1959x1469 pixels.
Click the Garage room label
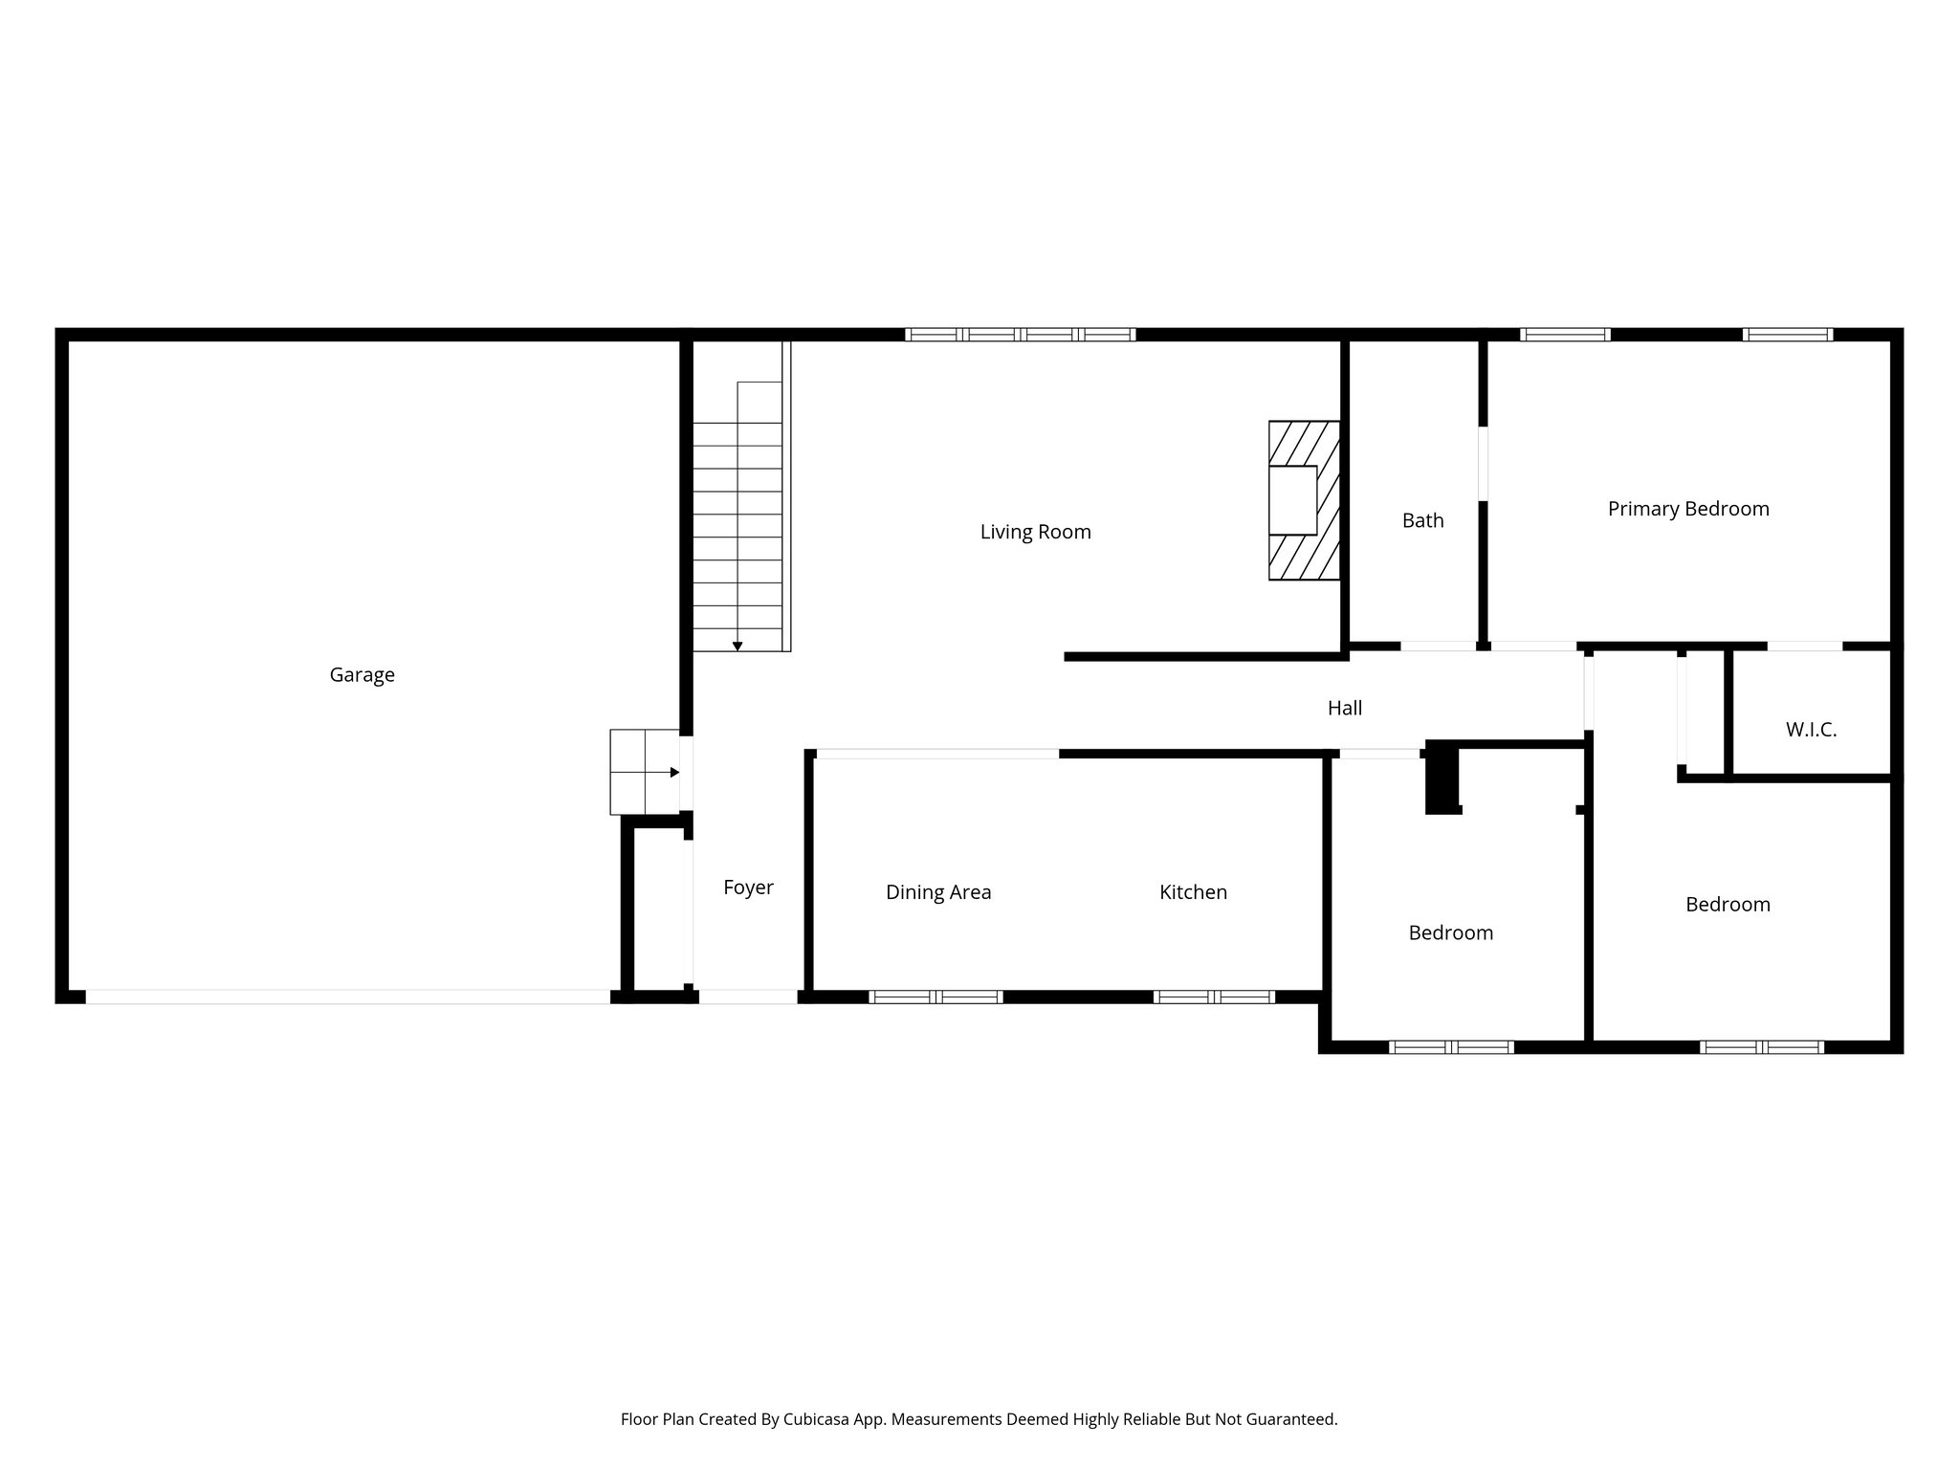362,675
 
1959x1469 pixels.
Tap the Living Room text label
1035,532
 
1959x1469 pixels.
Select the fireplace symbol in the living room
1303,500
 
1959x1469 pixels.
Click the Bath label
1422,520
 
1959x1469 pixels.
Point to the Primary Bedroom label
1688,509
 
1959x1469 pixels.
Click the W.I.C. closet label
1811,730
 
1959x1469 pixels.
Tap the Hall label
1344,708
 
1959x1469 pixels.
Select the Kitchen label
1193,892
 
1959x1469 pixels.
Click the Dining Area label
938,892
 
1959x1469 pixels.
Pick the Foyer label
748,888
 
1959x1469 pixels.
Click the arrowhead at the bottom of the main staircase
737,647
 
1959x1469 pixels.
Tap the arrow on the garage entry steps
674,772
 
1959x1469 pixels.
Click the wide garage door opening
348,997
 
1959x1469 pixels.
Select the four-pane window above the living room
1020,335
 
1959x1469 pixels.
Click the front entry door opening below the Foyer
748,997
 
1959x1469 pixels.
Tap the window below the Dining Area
935,997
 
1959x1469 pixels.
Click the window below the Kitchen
1214,997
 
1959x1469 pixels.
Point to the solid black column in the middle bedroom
1442,778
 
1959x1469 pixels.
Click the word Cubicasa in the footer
818,1419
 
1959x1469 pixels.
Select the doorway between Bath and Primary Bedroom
1483,463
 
